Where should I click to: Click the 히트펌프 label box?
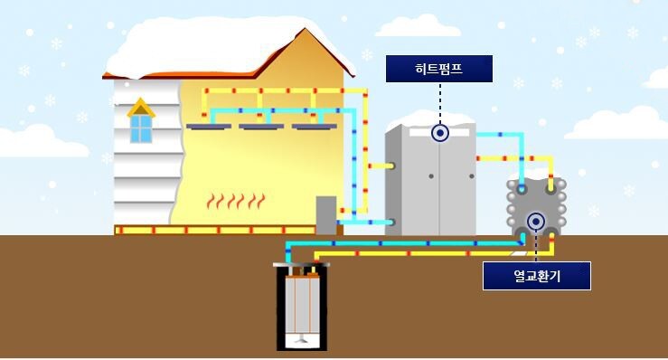coord(439,69)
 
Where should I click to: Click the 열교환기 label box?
coord(536,276)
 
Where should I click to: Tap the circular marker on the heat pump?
coord(440,133)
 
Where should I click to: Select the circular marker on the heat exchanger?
coord(536,220)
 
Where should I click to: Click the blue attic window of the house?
coord(141,128)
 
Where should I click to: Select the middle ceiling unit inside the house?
coord(261,127)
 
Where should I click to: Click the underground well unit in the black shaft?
coord(302,308)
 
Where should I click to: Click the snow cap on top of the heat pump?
coord(430,121)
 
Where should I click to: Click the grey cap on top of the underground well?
coord(302,265)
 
